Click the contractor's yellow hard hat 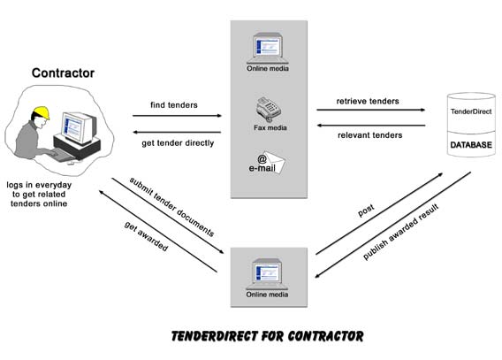coord(42,112)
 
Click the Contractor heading coord(63,73)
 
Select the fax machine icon coord(269,109)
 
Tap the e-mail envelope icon coord(271,162)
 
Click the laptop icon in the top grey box coord(267,49)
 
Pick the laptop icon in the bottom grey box coord(267,274)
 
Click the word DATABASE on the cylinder coord(471,145)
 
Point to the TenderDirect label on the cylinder coord(471,111)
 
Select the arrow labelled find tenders coord(177,116)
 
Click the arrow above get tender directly coord(177,132)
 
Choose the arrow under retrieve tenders coord(370,110)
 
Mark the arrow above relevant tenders coord(371,126)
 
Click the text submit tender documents coord(172,207)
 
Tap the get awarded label coord(146,236)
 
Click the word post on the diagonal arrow coord(366,211)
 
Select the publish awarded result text coord(401,232)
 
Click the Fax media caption coord(270,127)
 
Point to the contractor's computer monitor coord(79,128)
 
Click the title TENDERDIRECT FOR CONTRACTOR coord(267,336)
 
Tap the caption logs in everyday coord(39,185)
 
